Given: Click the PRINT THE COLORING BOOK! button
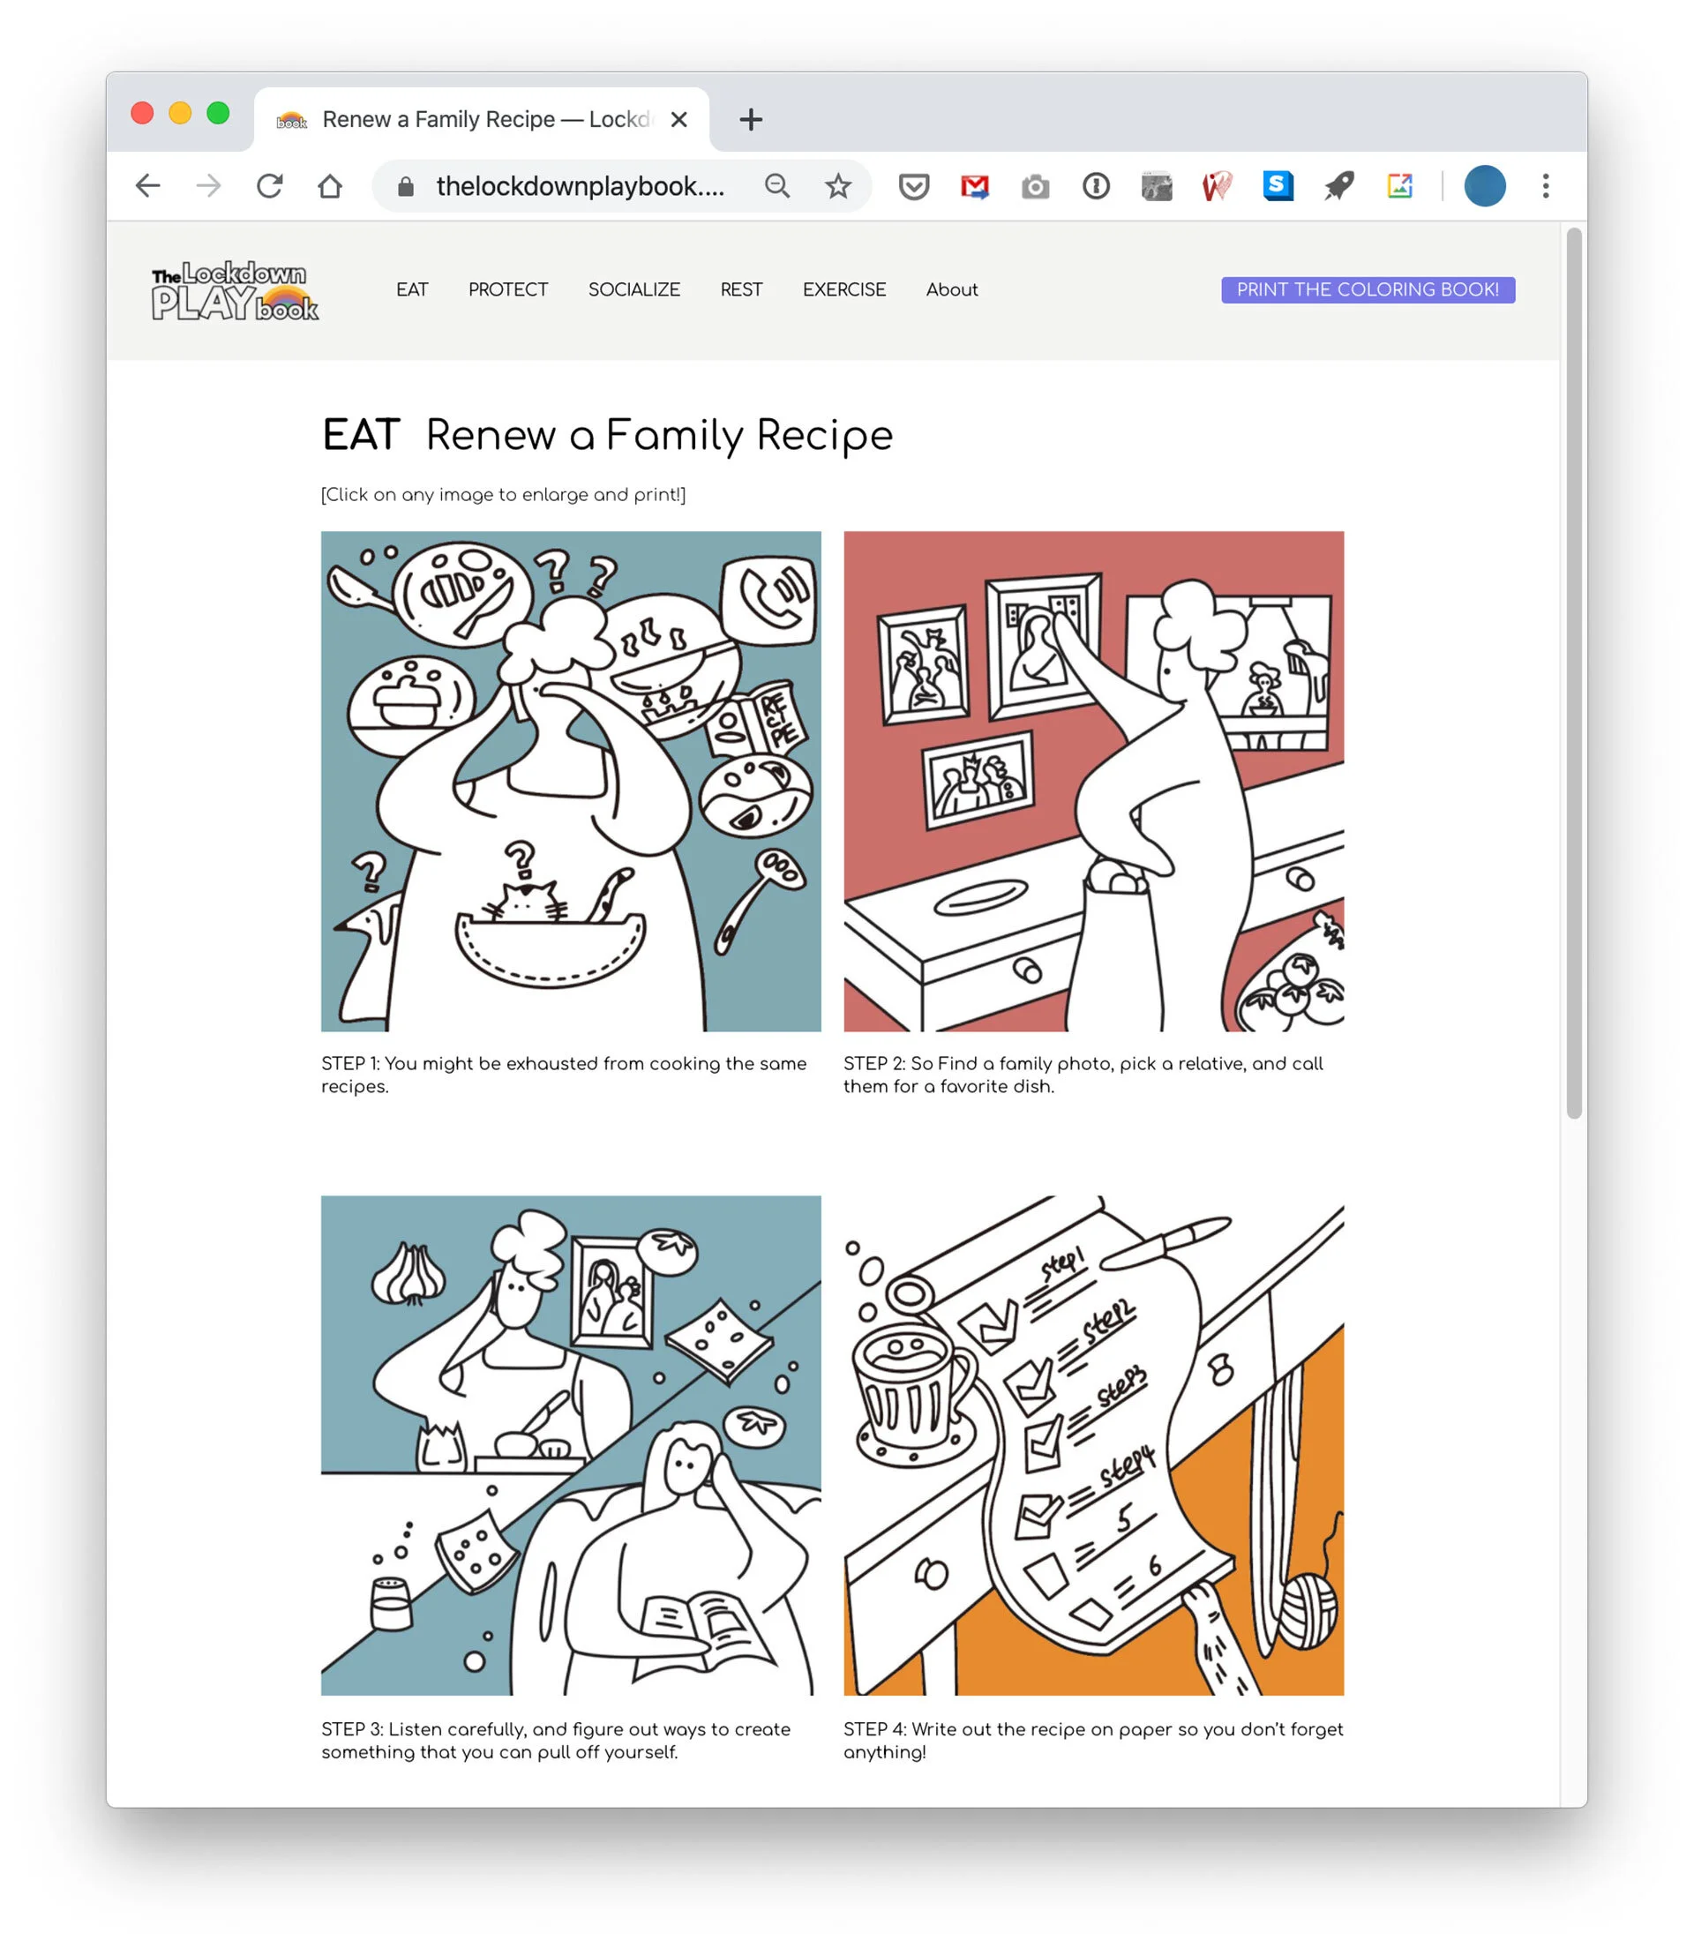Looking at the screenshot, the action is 1367,289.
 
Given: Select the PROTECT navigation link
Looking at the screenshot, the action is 507,289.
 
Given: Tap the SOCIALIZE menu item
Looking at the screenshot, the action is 633,289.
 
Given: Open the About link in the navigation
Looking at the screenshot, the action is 951,289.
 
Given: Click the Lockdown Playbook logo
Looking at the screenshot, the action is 235,290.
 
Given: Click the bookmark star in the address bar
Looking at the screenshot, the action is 837,186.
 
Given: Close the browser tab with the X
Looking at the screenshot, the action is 678,120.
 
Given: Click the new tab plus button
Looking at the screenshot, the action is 751,120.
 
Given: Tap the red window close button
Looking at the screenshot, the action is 143,114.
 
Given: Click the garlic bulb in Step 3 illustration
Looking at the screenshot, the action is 409,1272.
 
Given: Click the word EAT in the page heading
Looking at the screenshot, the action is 361,436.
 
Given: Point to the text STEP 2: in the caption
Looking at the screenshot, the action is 873,1063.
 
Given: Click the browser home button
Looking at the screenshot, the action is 330,186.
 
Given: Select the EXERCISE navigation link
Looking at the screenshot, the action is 844,289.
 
